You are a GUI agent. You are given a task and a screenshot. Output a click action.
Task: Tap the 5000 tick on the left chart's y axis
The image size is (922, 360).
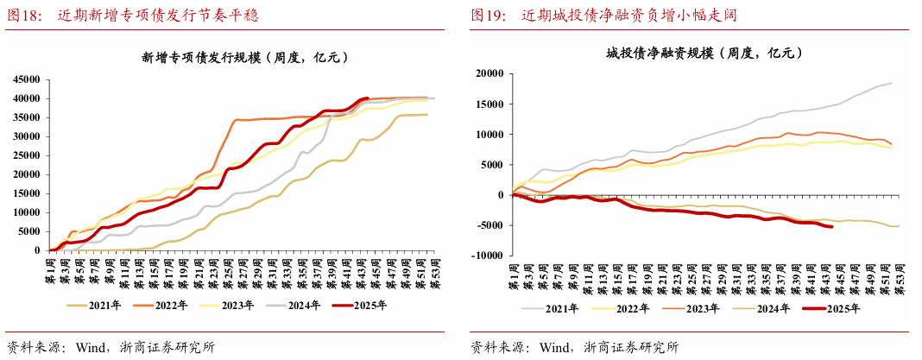point(32,231)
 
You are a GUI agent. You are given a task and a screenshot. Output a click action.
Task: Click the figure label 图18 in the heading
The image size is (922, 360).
point(24,16)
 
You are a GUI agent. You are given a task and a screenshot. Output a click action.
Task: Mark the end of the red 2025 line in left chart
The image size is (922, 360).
point(368,98)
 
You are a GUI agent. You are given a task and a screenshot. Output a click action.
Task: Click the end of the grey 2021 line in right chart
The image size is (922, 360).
point(891,83)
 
